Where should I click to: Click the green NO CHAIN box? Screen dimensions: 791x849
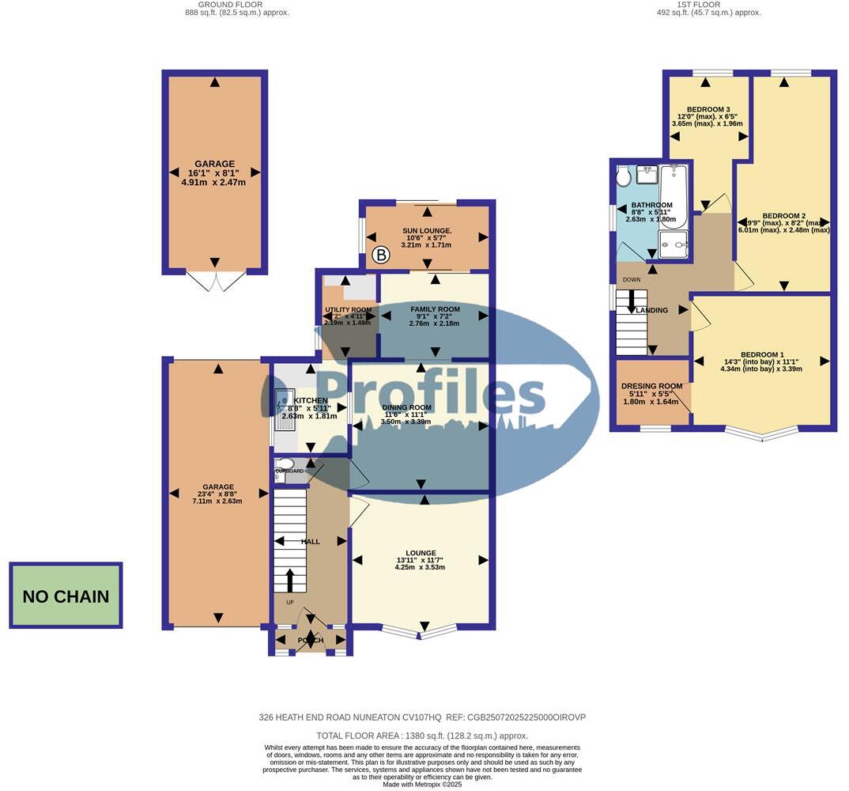click(66, 596)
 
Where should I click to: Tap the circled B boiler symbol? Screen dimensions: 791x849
click(382, 255)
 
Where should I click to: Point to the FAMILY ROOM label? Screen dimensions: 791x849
click(434, 309)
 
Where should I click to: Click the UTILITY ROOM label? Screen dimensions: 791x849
click(348, 310)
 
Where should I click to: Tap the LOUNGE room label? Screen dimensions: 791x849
click(420, 553)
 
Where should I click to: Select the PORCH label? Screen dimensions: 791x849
click(309, 640)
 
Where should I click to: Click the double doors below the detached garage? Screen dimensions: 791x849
click(214, 282)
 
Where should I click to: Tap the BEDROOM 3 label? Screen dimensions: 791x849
click(707, 109)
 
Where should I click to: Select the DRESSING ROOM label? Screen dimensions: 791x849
click(651, 386)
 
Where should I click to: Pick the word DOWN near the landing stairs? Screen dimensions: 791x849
click(632, 280)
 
